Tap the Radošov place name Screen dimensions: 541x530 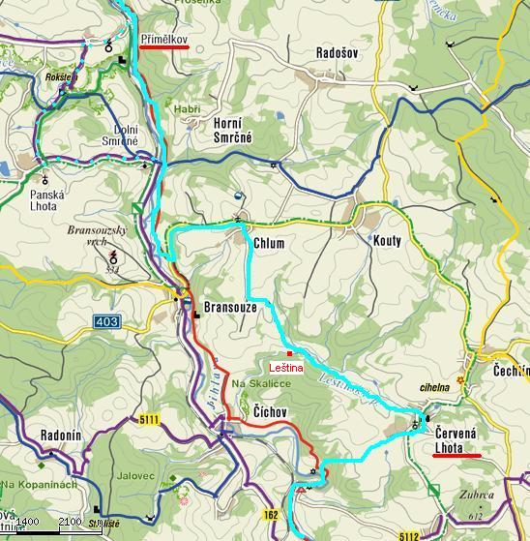[336, 54]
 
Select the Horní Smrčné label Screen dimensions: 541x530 [232, 131]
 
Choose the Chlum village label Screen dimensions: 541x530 [268, 244]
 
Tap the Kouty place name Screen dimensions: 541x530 [386, 241]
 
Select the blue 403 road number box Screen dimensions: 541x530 [108, 320]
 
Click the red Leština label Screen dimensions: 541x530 [286, 368]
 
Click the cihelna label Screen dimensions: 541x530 [435, 388]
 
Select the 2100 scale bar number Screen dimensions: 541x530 [70, 523]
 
